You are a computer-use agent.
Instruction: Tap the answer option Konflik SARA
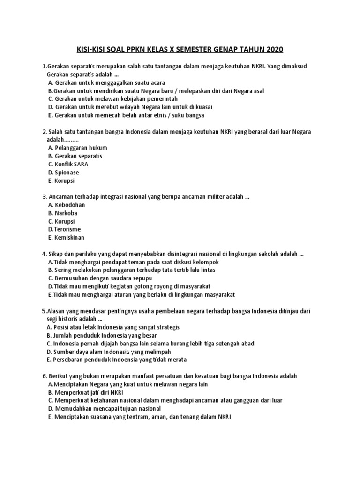[x=71, y=165]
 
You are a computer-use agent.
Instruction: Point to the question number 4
[x=44, y=254]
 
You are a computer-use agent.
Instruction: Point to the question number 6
[x=44, y=376]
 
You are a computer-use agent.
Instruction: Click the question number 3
[x=44, y=197]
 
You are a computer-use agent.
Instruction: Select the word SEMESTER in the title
[x=198, y=49]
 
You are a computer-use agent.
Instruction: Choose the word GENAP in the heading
[x=236, y=49]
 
